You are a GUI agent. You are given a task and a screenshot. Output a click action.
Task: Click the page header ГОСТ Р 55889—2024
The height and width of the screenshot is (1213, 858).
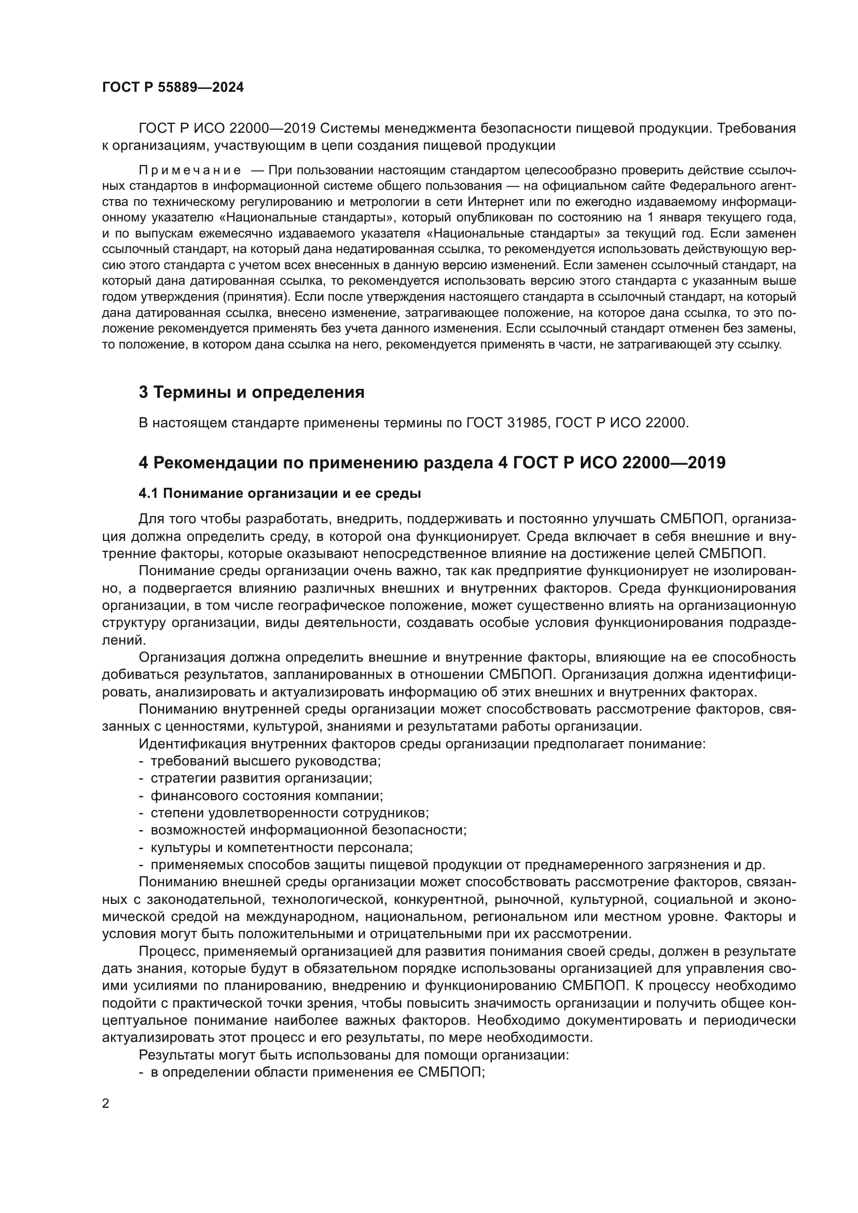click(173, 88)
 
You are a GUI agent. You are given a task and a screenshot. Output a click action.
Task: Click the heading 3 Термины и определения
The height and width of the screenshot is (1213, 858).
click(252, 392)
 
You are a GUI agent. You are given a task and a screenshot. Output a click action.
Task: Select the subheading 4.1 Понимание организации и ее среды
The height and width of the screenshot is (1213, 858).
click(280, 493)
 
